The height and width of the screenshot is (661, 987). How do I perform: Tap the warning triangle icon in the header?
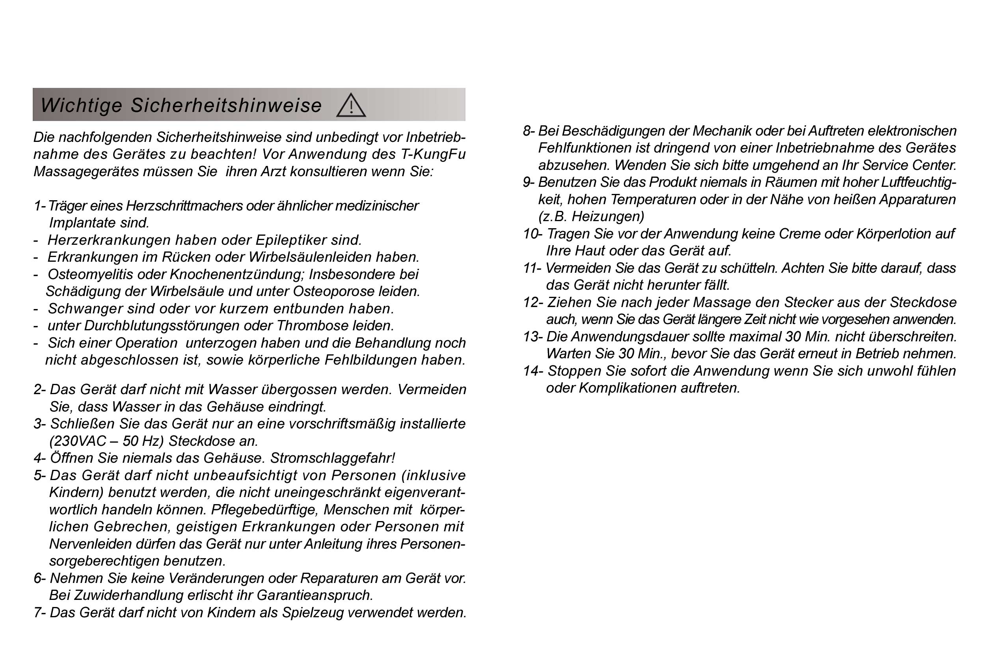[351, 106]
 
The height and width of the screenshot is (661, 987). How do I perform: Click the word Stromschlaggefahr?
[332, 458]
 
